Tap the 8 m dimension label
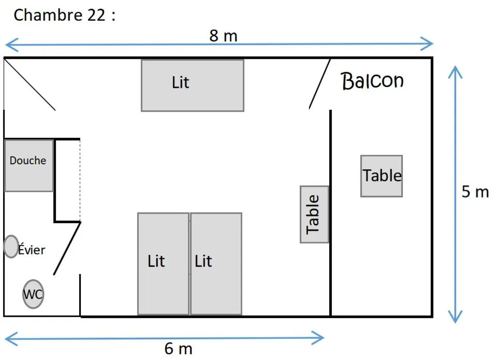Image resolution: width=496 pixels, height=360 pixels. pos(224,36)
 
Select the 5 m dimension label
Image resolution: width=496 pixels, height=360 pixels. pos(475,192)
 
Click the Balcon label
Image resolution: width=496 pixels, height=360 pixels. pos(372,81)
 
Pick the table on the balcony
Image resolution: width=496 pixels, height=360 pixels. pos(382,176)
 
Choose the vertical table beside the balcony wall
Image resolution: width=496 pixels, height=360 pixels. pos(314,214)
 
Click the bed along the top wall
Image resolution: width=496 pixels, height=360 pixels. pos(192,85)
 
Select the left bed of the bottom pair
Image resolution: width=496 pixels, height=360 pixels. pos(163,263)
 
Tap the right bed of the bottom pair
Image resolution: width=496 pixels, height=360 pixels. pos(216,263)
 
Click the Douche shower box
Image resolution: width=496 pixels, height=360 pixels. pos(29,165)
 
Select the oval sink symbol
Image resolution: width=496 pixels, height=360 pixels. pos(11,247)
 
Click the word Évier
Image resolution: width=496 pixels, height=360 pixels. pos(32,250)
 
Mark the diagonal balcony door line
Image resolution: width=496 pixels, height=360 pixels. pos(320,84)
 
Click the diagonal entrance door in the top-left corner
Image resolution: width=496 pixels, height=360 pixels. pos(30,84)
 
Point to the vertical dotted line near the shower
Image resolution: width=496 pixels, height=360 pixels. pos(80,181)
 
